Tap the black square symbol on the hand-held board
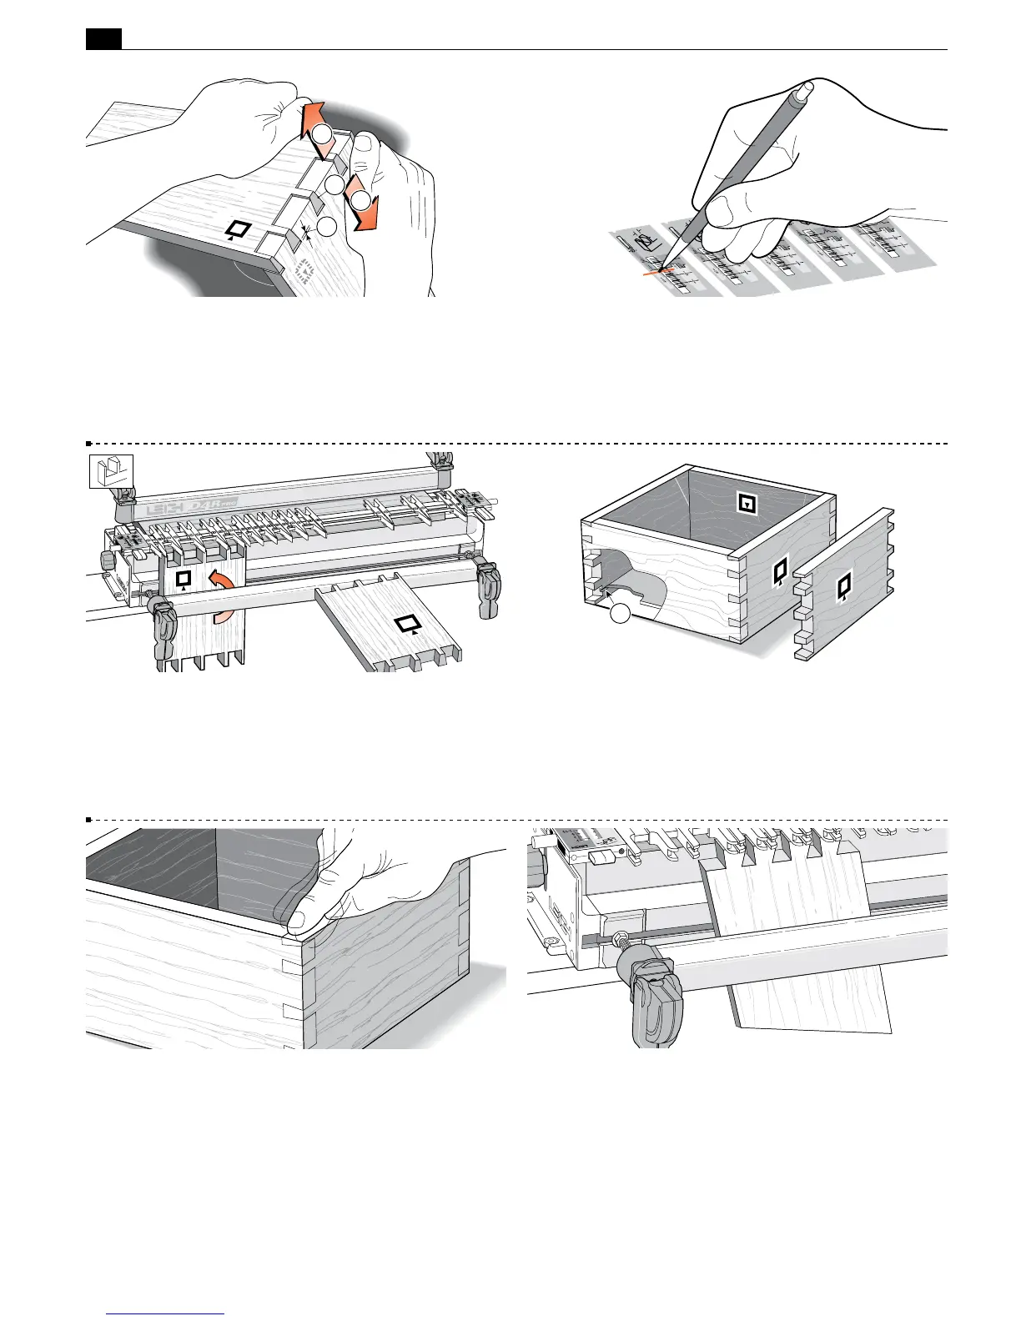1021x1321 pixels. coord(239,229)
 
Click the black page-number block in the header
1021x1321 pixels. coord(103,38)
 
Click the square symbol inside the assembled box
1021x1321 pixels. coord(747,503)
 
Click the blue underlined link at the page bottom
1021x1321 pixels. coord(166,1313)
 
